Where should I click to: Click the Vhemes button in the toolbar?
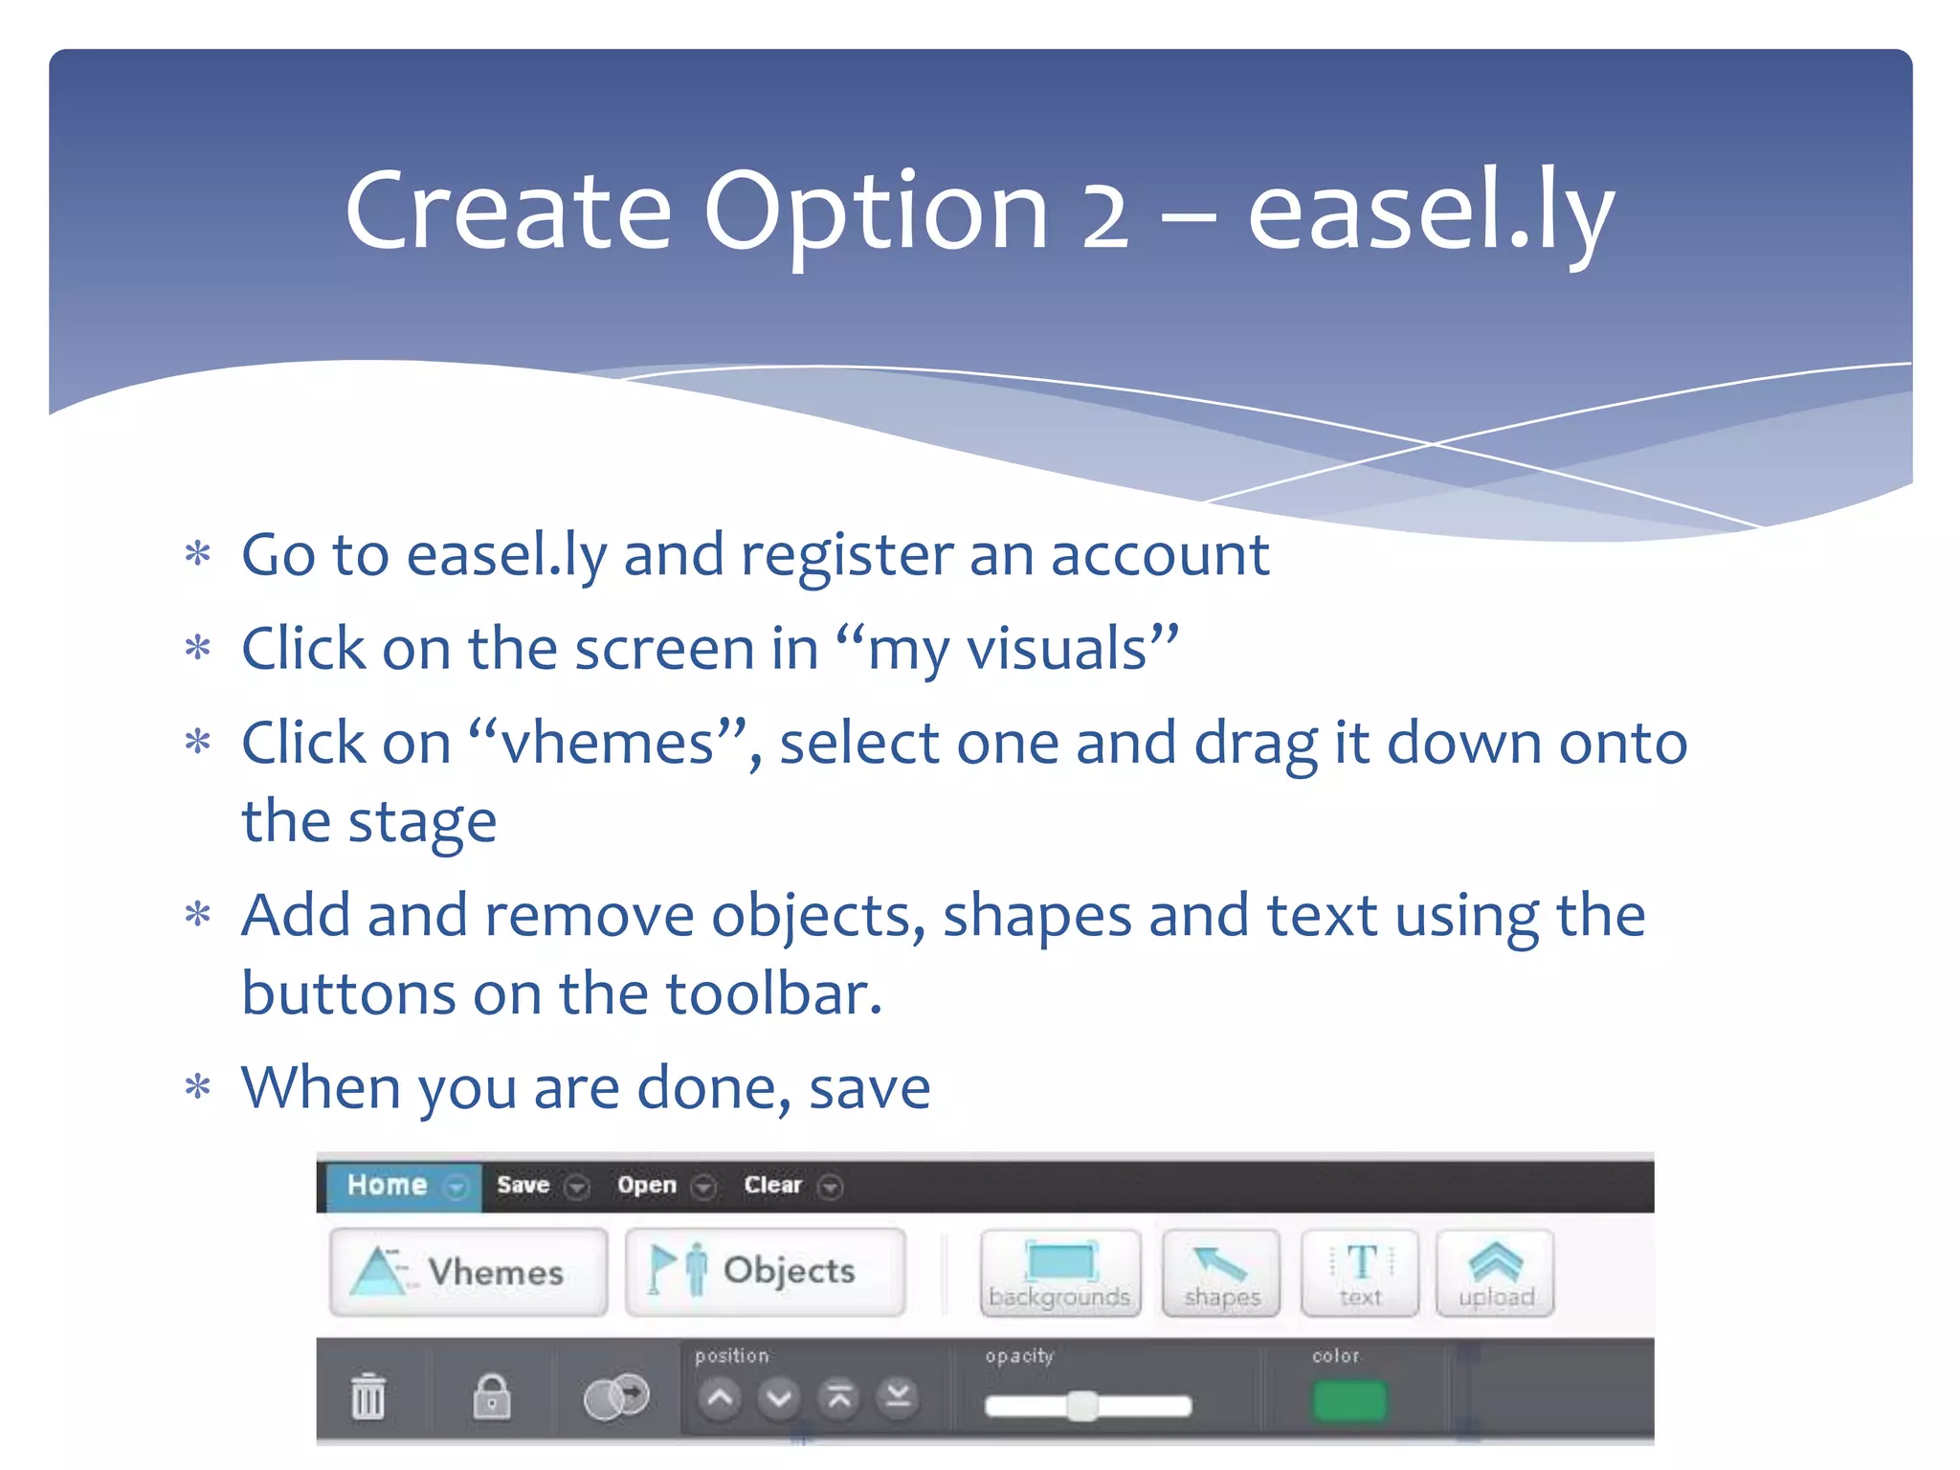[468, 1272]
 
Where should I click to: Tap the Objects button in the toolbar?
[765, 1272]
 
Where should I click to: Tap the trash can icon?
[368, 1397]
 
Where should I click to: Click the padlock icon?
[492, 1397]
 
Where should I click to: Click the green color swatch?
[1349, 1402]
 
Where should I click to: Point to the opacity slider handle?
[1082, 1406]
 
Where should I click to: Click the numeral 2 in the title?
[1104, 212]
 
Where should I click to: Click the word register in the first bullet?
[846, 555]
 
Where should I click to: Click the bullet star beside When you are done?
[198, 1087]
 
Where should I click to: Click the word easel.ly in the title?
[1430, 212]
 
